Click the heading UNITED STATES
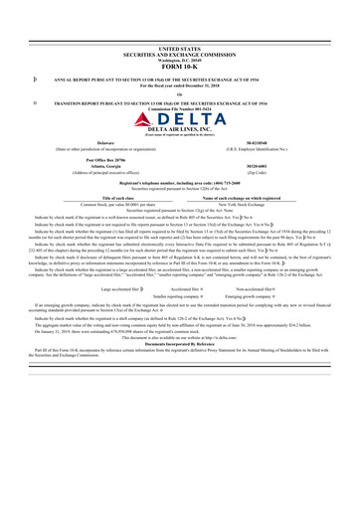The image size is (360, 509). tap(179, 47)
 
